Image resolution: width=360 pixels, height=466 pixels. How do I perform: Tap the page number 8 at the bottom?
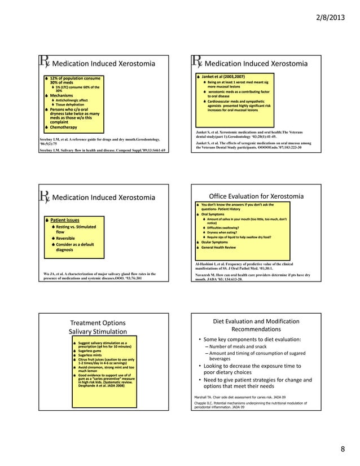(342, 449)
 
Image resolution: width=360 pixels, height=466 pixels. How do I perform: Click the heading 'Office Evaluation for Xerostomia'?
(256, 196)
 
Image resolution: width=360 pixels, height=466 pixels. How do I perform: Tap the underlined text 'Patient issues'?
(65, 219)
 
